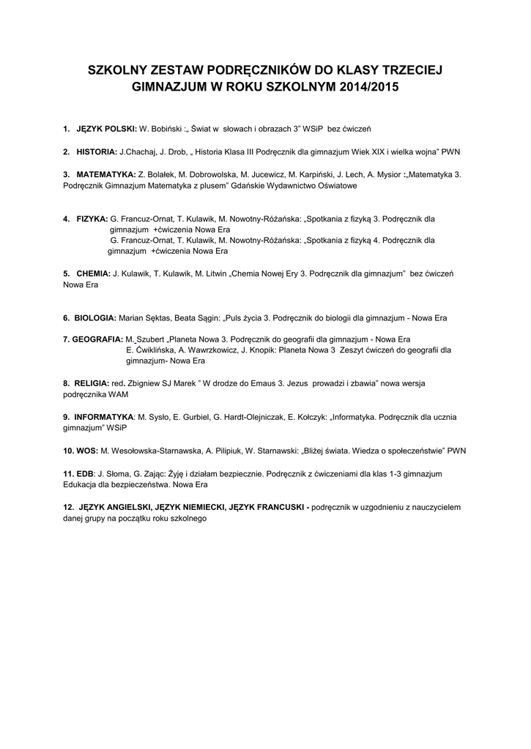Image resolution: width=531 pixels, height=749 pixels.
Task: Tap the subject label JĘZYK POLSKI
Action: coord(106,129)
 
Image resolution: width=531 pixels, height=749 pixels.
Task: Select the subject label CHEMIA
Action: coord(93,273)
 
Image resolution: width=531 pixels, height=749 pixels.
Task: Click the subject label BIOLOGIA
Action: coord(94,318)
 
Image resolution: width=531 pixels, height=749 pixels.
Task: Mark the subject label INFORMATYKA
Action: coord(103,417)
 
